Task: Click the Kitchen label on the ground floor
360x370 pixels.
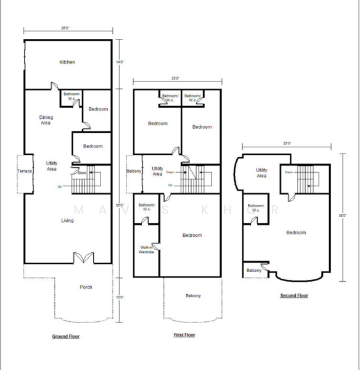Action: pos(67,62)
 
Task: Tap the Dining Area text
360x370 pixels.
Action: pos(46,120)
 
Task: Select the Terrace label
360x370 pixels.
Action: pos(24,171)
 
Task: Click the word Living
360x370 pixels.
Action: pos(67,220)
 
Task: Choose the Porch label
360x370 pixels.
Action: pos(86,287)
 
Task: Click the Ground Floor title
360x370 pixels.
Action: pos(66,337)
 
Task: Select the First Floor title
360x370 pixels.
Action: pos(184,335)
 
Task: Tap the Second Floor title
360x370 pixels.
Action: pos(294,296)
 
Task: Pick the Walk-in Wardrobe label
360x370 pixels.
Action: pos(146,249)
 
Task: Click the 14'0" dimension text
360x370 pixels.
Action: pos(120,62)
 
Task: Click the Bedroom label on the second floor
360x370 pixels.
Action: pos(296,232)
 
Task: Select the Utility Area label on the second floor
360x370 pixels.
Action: pos(261,173)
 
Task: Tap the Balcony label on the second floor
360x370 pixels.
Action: pos(253,270)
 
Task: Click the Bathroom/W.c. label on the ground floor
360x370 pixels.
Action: pos(71,97)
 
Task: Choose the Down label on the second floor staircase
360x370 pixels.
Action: pos(288,173)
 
